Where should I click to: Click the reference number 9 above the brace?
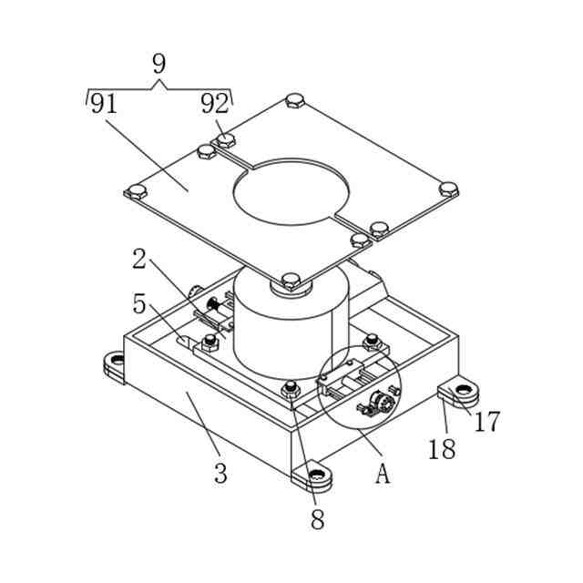point(159,64)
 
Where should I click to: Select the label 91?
point(104,104)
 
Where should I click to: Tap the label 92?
point(215,104)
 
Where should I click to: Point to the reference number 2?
point(139,259)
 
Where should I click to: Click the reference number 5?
point(139,303)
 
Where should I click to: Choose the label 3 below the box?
point(220,474)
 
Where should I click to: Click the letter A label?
point(383,474)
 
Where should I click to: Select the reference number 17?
point(486,421)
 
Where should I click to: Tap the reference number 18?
point(442,449)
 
